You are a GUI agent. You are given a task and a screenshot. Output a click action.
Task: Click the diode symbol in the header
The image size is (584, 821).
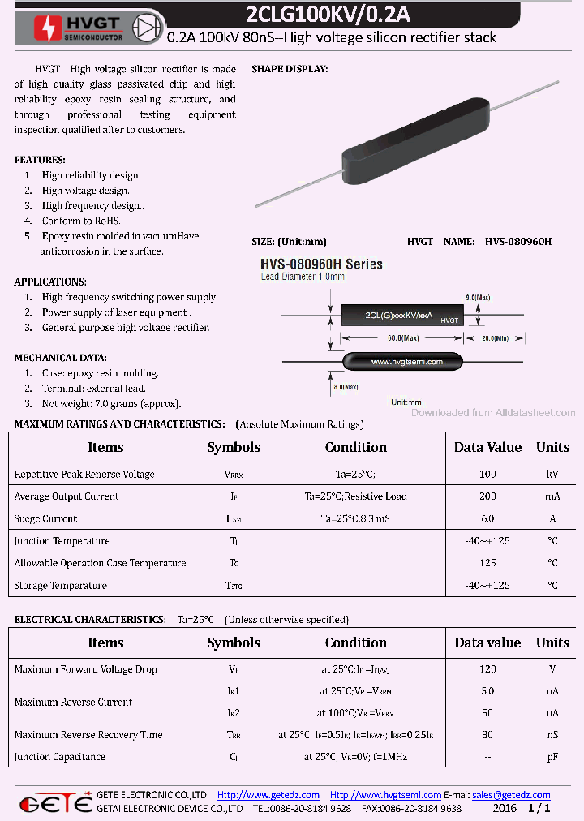[x=147, y=26]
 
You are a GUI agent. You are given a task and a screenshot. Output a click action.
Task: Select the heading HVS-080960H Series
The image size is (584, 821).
[x=321, y=264]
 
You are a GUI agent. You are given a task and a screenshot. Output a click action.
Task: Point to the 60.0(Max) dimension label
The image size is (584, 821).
[x=403, y=337]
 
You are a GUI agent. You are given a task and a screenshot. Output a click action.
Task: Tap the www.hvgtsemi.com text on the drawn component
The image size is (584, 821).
[x=406, y=362]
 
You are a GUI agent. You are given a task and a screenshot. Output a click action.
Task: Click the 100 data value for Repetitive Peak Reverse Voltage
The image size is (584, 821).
[x=487, y=475]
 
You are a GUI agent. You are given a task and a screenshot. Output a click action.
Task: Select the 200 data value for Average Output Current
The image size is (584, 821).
[x=487, y=496]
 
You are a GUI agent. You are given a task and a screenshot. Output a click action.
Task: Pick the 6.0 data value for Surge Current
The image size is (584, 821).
[x=487, y=519]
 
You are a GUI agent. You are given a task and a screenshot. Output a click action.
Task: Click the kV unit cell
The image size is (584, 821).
[x=552, y=475]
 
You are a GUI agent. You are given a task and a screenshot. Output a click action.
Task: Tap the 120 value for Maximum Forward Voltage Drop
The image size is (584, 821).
[x=487, y=669]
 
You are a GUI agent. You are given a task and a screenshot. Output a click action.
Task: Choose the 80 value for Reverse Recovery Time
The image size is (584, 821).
[x=487, y=735]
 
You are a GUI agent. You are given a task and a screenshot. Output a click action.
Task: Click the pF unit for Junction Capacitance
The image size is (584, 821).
[x=552, y=757]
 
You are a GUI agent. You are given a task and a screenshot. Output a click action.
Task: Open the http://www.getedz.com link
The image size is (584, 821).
[x=268, y=795]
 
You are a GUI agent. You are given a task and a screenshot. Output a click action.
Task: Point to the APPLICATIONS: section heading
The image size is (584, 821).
[x=50, y=282]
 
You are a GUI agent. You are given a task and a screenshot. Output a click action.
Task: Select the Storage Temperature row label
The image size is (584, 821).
[x=60, y=586]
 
